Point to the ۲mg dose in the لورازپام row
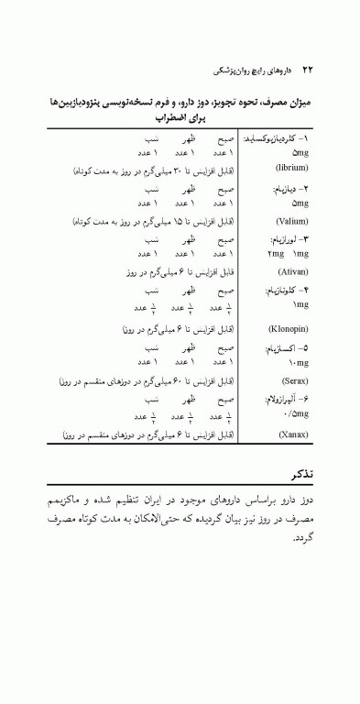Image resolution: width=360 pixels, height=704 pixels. point(275,254)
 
